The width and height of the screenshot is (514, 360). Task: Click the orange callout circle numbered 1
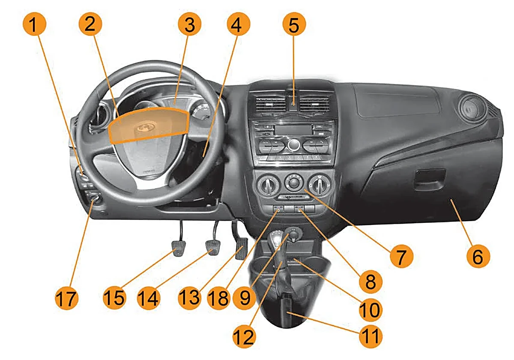tap(34, 24)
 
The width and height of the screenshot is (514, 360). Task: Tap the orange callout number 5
tap(294, 24)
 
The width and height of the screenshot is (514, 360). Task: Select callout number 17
tap(66, 298)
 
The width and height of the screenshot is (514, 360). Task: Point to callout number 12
tap(244, 336)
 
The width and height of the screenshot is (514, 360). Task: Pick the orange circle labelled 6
tap(478, 256)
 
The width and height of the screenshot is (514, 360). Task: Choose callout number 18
tap(219, 298)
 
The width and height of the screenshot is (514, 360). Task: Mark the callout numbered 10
tap(371, 310)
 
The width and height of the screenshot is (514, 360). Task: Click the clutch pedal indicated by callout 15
tap(178, 248)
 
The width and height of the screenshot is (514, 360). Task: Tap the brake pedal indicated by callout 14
tap(212, 248)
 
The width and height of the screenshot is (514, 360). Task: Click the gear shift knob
tap(277, 239)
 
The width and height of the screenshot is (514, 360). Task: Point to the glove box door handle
tap(430, 180)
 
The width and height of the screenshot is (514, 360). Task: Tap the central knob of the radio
tap(294, 145)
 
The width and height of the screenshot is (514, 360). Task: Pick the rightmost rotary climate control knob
tap(320, 184)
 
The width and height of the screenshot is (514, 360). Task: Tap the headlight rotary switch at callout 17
tap(95, 198)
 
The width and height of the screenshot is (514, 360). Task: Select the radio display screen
tap(293, 129)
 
